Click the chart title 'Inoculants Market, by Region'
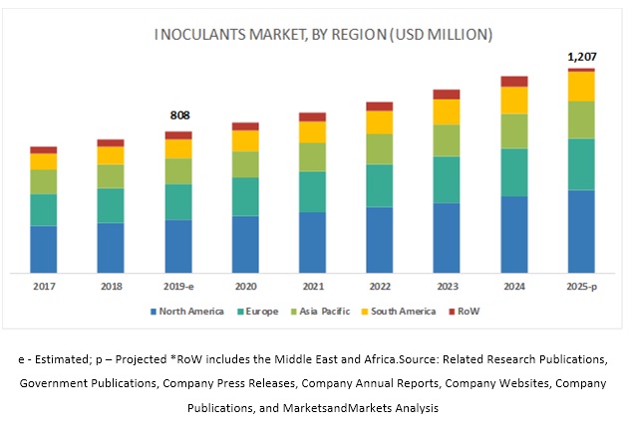(323, 36)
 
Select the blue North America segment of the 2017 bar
(43, 249)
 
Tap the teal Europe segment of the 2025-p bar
(580, 164)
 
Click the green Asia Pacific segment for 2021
(312, 156)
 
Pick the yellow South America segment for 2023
(447, 111)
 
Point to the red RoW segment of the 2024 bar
(513, 82)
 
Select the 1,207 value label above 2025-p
(580, 57)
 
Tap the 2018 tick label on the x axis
(111, 286)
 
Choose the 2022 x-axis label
(379, 286)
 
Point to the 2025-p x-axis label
(580, 286)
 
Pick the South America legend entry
(405, 312)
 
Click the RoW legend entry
(469, 312)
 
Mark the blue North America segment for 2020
(245, 244)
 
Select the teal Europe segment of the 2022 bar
(379, 185)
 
